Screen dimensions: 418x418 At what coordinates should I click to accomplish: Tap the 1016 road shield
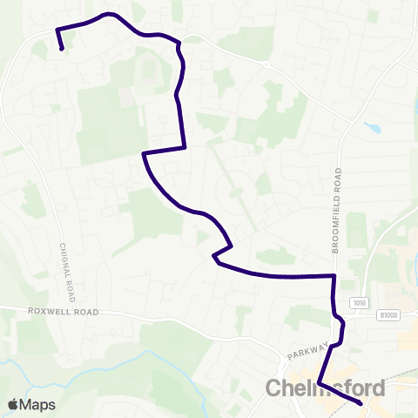[359, 302]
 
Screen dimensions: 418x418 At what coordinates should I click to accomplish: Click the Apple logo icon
[13, 404]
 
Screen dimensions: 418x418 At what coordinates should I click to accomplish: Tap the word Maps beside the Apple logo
[37, 404]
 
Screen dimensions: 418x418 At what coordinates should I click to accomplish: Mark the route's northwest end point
[62, 50]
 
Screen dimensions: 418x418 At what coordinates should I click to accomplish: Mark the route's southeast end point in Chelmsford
[361, 403]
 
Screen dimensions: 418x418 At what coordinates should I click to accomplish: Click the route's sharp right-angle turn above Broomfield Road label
[334, 276]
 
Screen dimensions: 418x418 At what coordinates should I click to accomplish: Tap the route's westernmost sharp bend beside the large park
[143, 154]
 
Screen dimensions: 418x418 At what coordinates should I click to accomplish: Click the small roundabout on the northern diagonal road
[266, 64]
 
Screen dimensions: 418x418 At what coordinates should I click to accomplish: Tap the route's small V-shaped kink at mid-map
[214, 255]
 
